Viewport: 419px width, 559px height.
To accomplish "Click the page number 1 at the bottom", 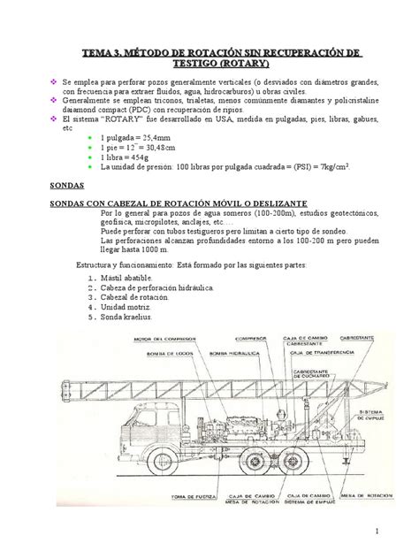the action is click(375, 531).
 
